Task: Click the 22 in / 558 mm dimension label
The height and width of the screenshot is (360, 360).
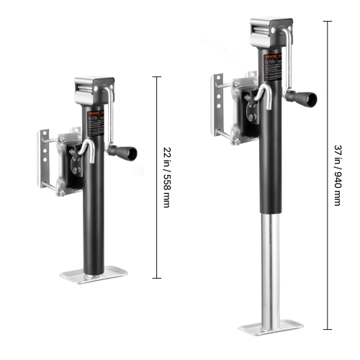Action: coord(167,177)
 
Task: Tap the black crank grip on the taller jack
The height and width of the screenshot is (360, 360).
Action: coord(307,97)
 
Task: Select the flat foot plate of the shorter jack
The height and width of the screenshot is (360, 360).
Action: coord(94,276)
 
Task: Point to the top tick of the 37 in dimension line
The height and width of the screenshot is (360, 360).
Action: coord(328,21)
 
